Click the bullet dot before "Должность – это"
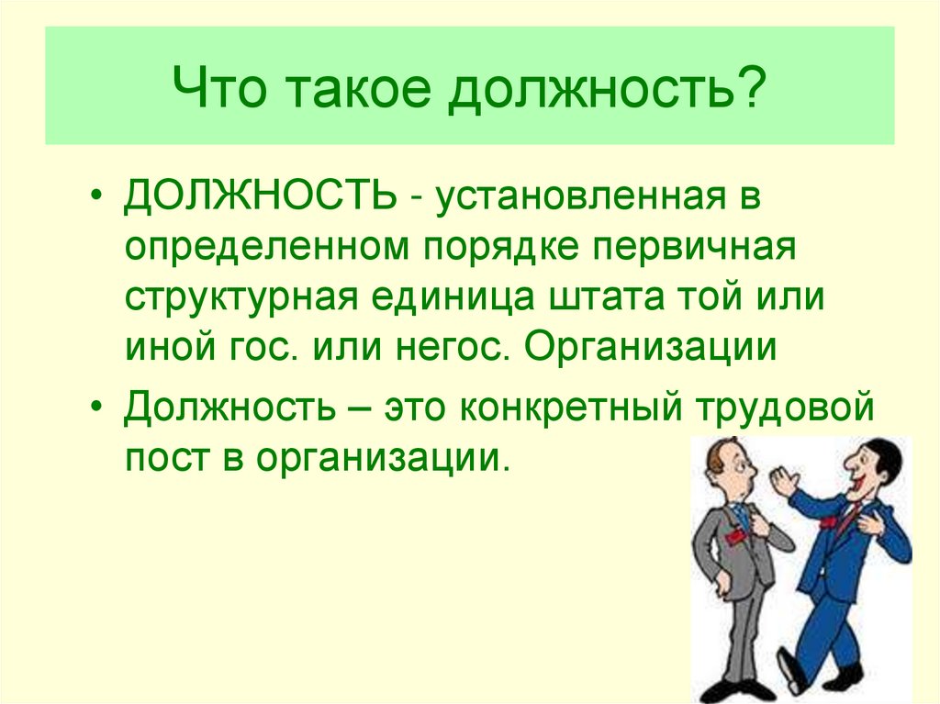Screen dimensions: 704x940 97,406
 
